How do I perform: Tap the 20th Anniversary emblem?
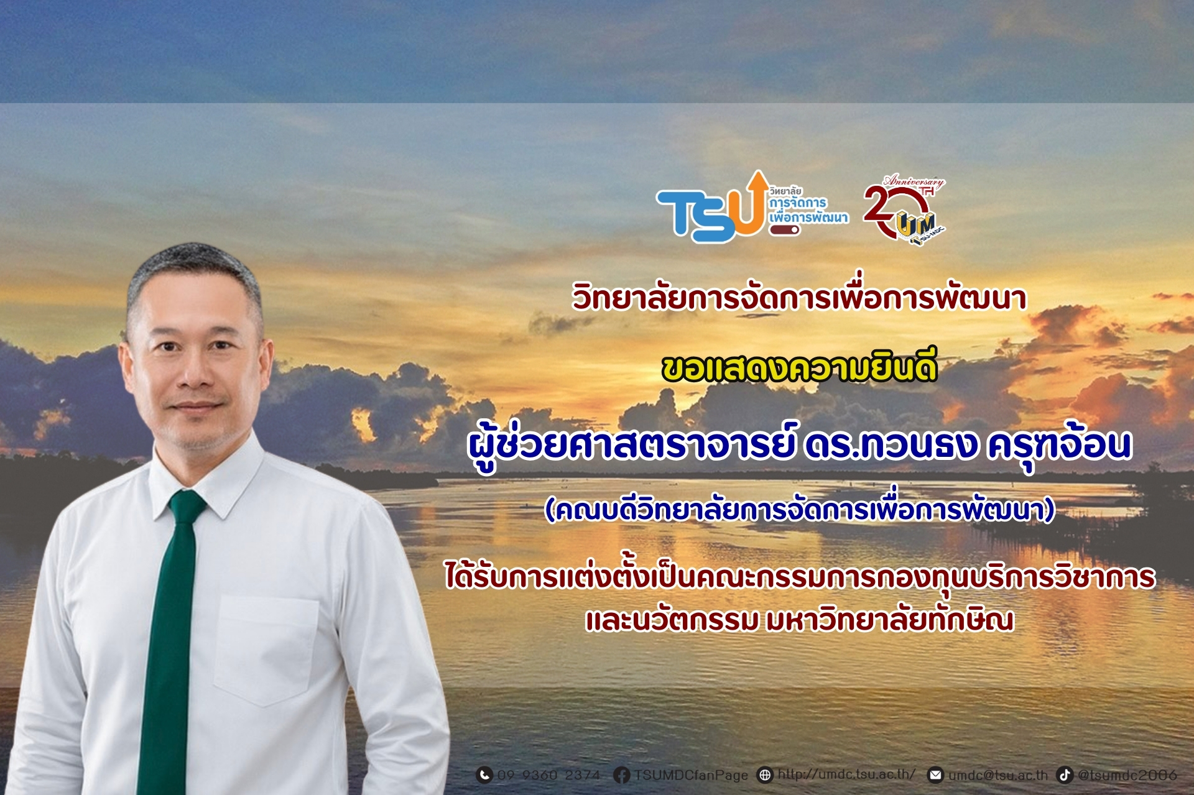click(x=904, y=210)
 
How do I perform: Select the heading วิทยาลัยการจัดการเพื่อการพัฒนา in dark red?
click(x=799, y=297)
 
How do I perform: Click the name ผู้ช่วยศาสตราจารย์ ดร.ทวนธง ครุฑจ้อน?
click(x=799, y=446)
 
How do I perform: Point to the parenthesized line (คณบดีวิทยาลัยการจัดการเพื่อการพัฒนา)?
click(x=799, y=510)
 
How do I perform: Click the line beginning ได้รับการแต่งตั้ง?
click(x=800, y=576)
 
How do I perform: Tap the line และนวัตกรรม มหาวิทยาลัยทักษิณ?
click(x=799, y=620)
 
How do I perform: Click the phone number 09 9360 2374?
click(x=548, y=775)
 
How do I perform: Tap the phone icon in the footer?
click(x=484, y=775)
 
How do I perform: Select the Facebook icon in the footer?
click(x=621, y=775)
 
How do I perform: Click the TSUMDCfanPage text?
click(x=691, y=775)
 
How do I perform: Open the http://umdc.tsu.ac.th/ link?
click(x=846, y=774)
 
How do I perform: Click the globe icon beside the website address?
click(x=765, y=775)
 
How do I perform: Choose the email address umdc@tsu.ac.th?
click(x=997, y=775)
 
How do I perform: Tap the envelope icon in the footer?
click(x=936, y=775)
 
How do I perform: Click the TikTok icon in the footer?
click(x=1065, y=775)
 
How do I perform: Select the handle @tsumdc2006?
click(x=1127, y=775)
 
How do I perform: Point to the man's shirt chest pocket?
click(x=266, y=650)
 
